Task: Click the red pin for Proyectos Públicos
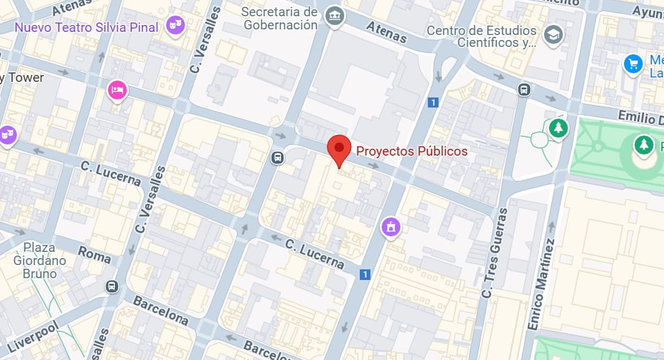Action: point(339,149)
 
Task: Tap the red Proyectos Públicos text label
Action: point(412,151)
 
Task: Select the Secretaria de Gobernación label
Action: point(280,19)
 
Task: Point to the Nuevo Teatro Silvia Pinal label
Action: point(87,27)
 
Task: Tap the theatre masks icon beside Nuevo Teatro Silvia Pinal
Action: point(174,26)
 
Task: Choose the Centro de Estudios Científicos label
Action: point(482,36)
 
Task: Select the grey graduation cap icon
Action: point(552,35)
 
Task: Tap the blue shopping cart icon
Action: point(633,64)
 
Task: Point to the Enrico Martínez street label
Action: point(541,284)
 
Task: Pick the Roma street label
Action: point(94,254)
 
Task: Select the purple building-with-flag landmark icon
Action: point(391,227)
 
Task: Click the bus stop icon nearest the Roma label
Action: point(111,286)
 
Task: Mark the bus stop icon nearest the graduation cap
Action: point(524,90)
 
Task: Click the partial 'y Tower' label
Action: point(22,77)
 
